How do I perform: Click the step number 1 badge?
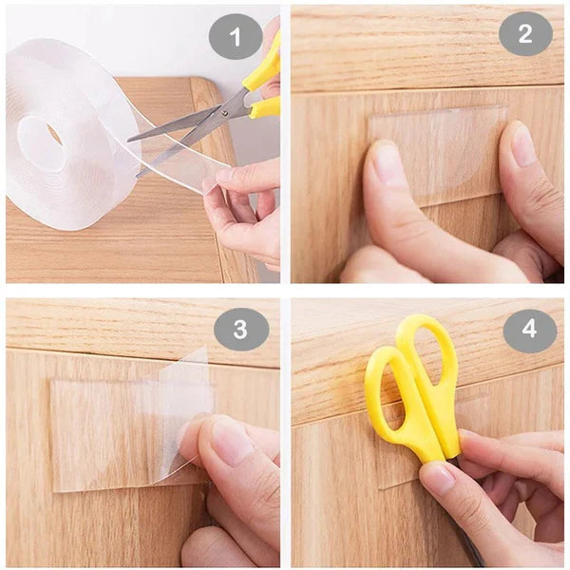coord(235,37)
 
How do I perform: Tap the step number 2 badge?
coord(525,33)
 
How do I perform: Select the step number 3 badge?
coord(240,329)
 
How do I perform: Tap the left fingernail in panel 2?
coord(389,163)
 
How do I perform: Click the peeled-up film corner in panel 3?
coord(185,399)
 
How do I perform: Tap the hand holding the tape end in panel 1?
coord(242,204)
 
